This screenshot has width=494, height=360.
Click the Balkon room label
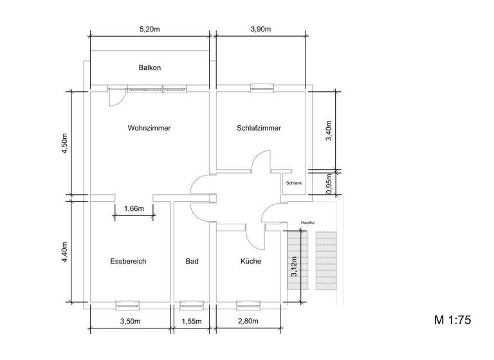[149, 67]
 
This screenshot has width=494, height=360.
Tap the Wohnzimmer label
[149, 128]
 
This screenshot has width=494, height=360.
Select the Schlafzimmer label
[259, 128]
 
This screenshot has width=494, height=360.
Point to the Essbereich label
[129, 261]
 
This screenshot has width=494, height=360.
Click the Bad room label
[192, 261]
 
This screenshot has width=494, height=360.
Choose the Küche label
[251, 261]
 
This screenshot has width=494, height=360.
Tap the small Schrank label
[293, 183]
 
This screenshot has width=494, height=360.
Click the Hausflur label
[308, 223]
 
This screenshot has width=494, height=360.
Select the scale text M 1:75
[453, 320]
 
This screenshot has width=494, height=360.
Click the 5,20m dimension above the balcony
[150, 30]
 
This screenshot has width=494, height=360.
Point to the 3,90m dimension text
[260, 30]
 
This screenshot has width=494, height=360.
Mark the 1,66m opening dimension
[134, 208]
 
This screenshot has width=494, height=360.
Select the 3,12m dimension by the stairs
[294, 265]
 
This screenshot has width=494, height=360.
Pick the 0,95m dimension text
[329, 183]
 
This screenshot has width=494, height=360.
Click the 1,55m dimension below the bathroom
[192, 321]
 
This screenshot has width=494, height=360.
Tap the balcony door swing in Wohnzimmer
[116, 97]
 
